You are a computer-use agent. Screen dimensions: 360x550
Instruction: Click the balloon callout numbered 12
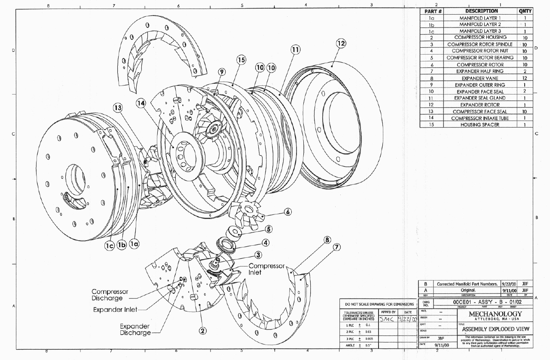tap(341, 43)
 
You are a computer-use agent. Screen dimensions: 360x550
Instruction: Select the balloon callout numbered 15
tap(241, 60)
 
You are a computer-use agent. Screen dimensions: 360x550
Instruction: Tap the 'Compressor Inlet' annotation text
tap(266, 269)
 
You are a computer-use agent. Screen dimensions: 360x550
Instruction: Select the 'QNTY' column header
tap(525, 11)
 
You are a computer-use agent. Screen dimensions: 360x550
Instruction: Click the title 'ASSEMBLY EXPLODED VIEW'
tap(495, 329)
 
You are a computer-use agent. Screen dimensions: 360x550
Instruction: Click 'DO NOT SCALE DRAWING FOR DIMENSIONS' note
tap(378, 304)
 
